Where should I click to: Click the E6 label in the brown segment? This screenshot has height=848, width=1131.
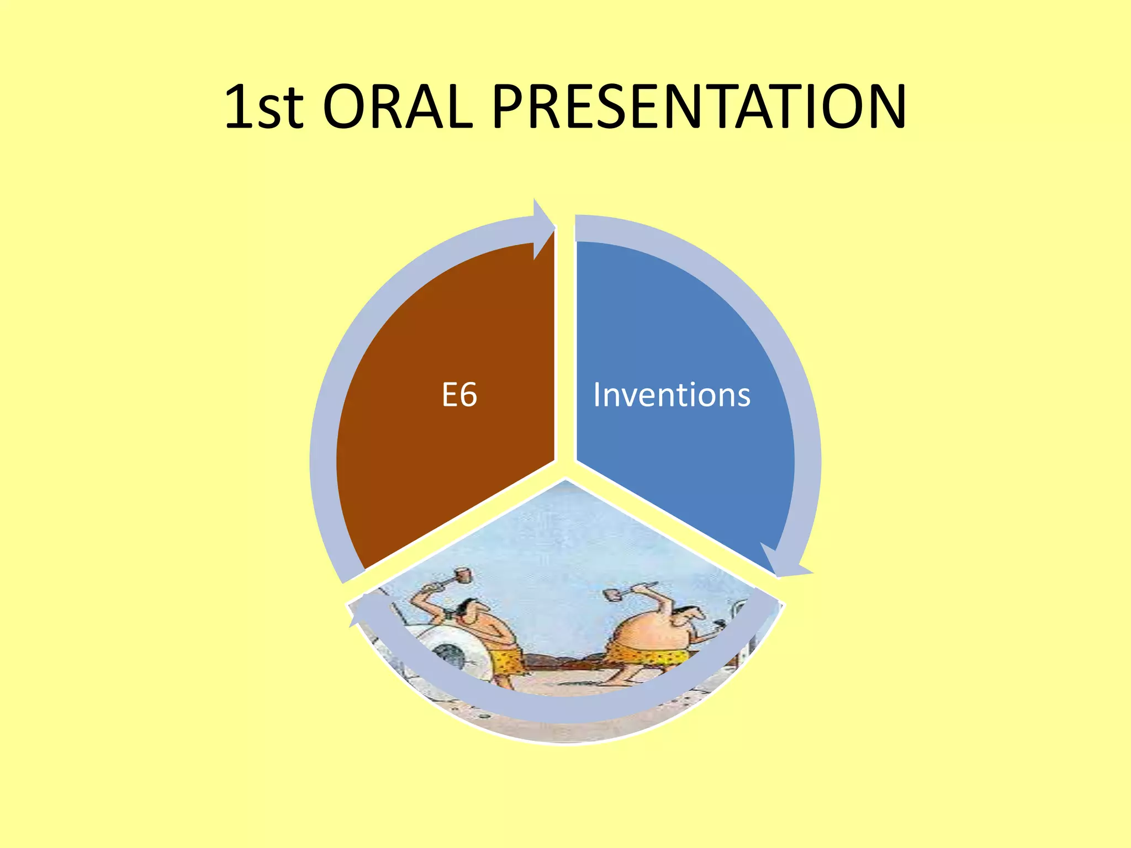pyautogui.click(x=459, y=395)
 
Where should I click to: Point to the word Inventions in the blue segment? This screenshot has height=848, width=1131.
pyautogui.click(x=672, y=395)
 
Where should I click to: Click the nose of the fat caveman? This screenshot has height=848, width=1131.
pyautogui.click(x=700, y=613)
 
